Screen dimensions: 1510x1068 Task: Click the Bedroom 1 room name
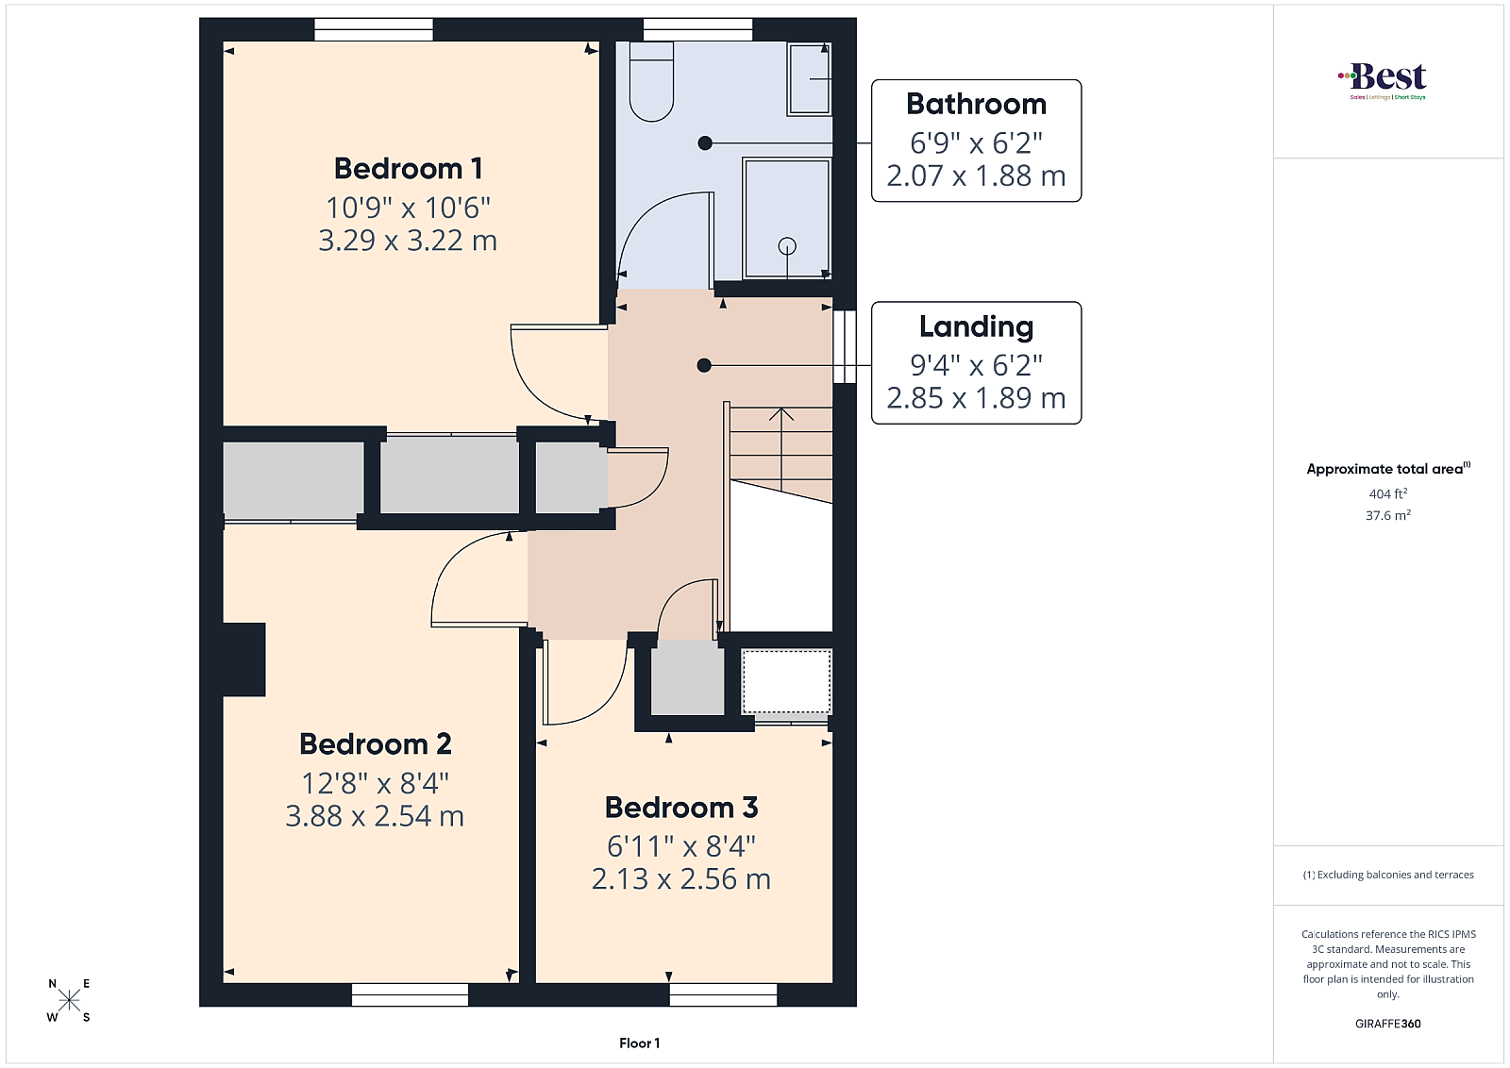tap(408, 169)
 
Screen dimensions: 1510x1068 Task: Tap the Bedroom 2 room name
tap(375, 743)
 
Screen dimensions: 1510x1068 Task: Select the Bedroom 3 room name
tap(680, 808)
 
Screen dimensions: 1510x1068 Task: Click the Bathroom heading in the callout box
tap(976, 105)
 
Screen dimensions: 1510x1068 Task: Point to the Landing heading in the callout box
tap(976, 326)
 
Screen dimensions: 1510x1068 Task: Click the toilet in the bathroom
tap(651, 81)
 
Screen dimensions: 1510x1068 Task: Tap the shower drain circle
tap(787, 246)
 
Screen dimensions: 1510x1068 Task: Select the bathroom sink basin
tap(809, 79)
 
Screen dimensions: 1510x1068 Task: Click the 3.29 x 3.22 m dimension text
tap(408, 241)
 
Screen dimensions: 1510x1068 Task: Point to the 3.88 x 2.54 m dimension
tap(375, 816)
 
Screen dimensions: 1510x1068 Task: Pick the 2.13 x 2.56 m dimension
tap(680, 878)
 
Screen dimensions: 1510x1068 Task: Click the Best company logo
tap(1382, 81)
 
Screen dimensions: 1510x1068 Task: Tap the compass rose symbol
tap(70, 1001)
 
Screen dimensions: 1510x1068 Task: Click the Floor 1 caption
tap(639, 1043)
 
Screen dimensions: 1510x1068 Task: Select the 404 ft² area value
tap(1388, 494)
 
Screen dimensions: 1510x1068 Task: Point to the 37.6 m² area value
tap(1388, 515)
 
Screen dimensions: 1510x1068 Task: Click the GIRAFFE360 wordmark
tap(1388, 1024)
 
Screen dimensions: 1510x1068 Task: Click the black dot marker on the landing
tap(704, 365)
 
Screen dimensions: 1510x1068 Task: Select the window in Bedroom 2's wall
tap(410, 994)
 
